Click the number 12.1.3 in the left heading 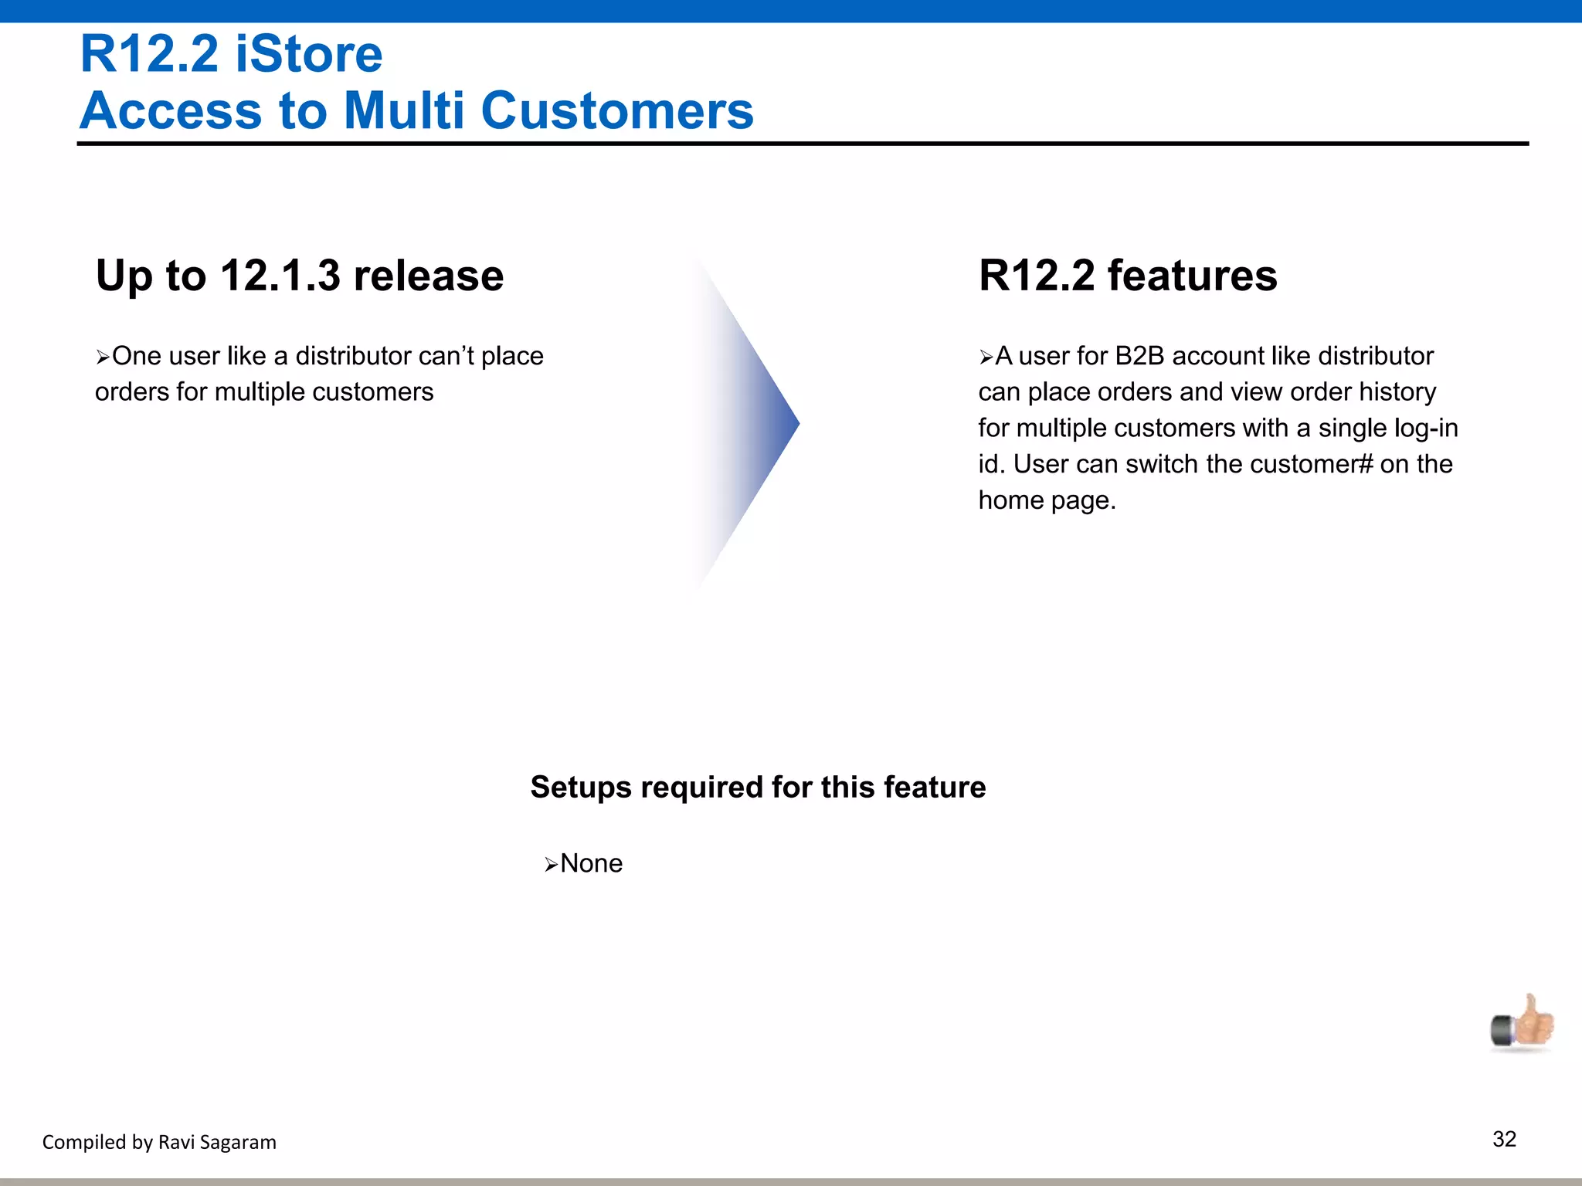[x=280, y=276]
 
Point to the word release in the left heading [x=428, y=276]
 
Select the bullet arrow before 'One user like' [x=103, y=357]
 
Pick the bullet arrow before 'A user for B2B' [x=986, y=357]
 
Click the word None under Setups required [x=591, y=863]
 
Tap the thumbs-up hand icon [x=1523, y=1024]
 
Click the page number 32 [x=1504, y=1139]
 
